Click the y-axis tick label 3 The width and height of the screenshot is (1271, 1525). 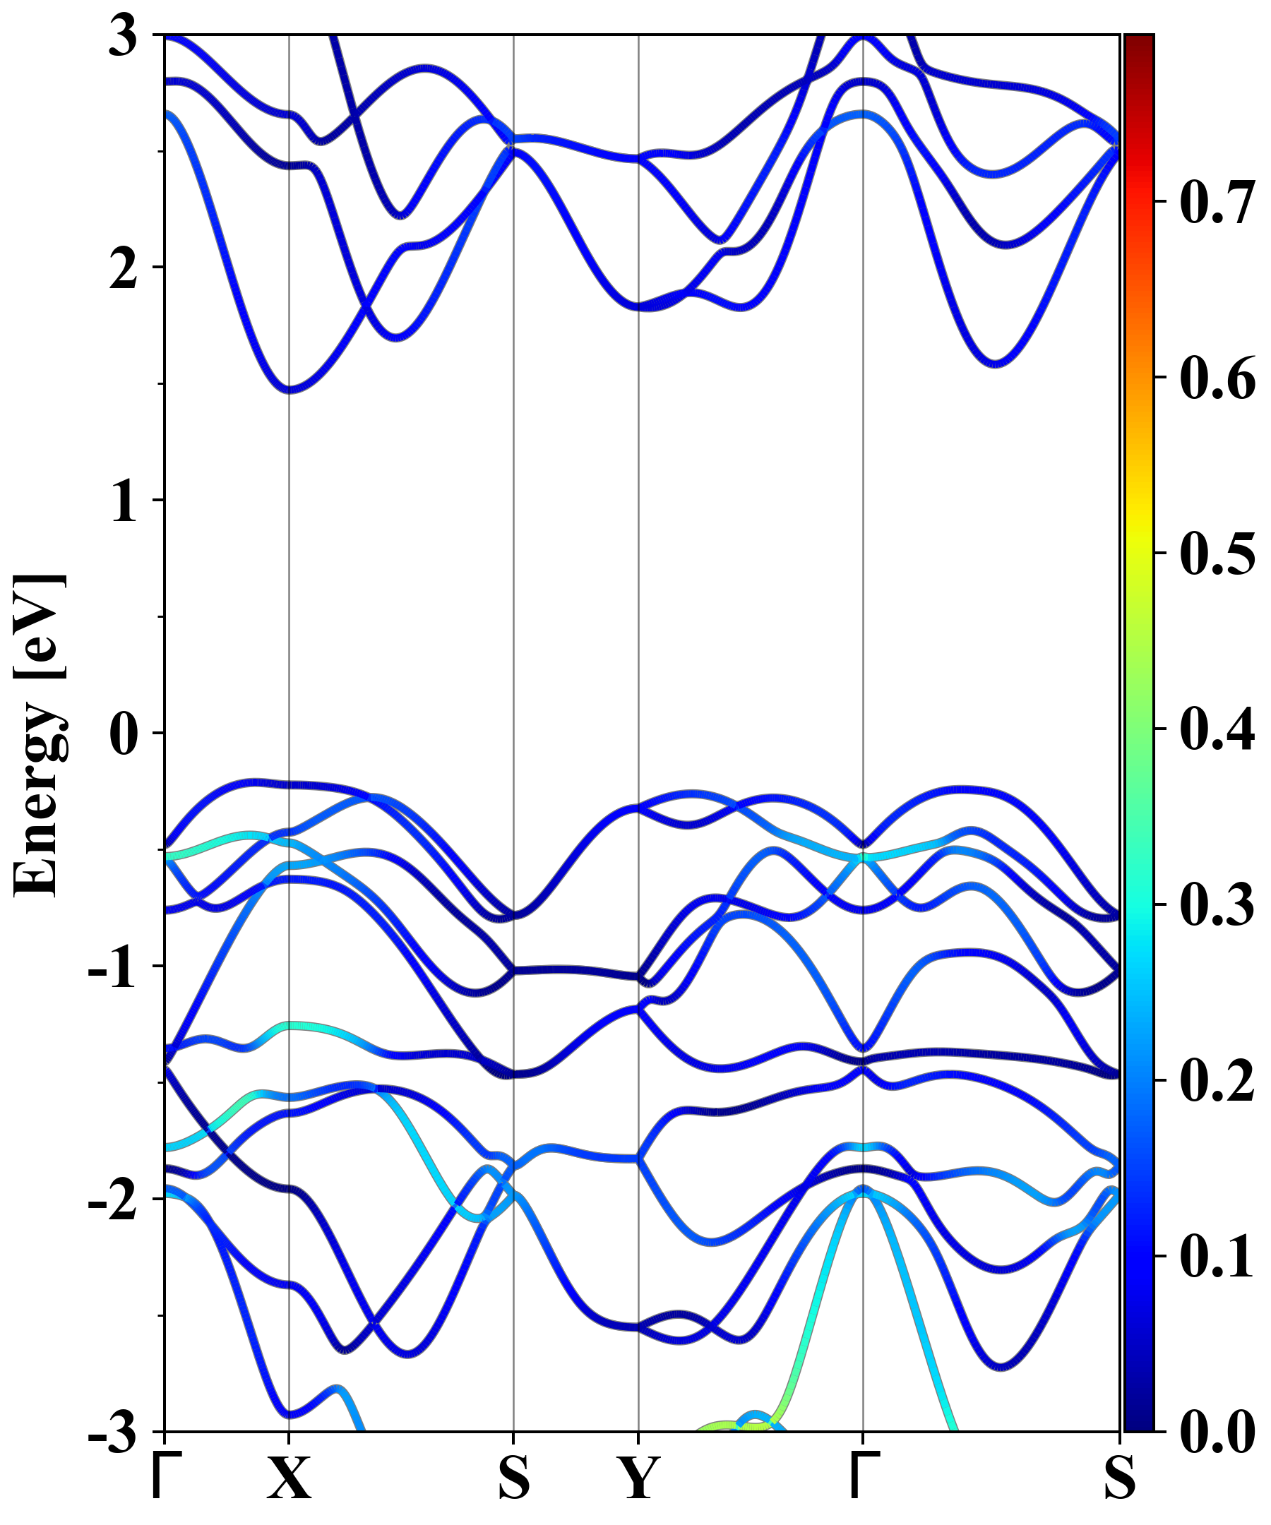tap(124, 36)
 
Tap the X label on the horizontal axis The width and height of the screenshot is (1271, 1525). tap(289, 1478)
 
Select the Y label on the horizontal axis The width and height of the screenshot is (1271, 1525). tap(638, 1478)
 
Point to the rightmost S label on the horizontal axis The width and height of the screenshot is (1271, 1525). tap(1119, 1478)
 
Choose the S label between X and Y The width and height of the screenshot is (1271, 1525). tap(513, 1478)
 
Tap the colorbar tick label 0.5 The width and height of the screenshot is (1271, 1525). tap(1217, 554)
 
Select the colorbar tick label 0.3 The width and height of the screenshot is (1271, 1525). tap(1217, 905)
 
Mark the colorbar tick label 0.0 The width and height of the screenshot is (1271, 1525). tap(1217, 1432)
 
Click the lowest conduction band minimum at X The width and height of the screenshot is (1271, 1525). tap(289, 390)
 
